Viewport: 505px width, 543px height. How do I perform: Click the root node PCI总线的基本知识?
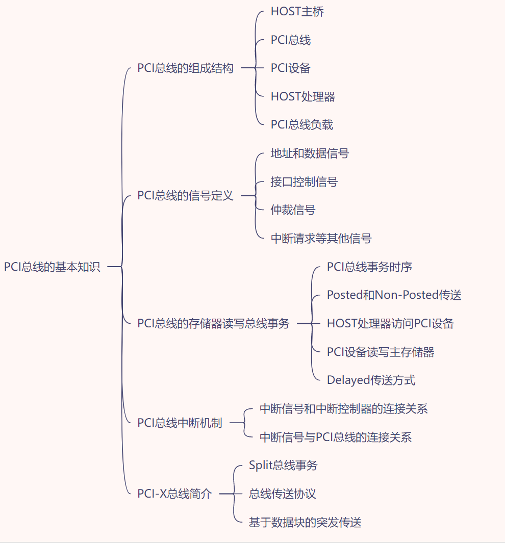click(x=52, y=267)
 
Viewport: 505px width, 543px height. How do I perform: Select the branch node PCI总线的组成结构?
click(x=185, y=68)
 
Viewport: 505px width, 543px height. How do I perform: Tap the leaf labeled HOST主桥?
click(x=297, y=12)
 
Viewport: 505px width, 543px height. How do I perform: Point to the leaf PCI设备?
click(x=290, y=68)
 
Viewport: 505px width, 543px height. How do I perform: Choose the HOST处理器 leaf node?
click(x=302, y=97)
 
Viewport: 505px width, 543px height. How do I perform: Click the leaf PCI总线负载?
click(x=301, y=125)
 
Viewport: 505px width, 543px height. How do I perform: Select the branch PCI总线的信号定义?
click(x=185, y=196)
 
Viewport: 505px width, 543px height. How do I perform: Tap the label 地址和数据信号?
click(x=310, y=153)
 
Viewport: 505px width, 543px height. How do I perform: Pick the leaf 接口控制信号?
click(x=304, y=182)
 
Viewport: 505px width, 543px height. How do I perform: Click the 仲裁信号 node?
click(x=293, y=210)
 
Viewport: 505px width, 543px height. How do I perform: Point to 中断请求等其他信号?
click(x=321, y=238)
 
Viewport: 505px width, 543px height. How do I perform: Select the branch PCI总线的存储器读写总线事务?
click(x=213, y=324)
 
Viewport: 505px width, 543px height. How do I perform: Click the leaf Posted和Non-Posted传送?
click(x=394, y=295)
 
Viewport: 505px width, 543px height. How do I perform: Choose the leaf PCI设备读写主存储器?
click(x=381, y=352)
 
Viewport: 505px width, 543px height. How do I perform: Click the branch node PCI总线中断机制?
click(x=180, y=423)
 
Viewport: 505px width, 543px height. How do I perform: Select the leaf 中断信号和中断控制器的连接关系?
click(x=343, y=409)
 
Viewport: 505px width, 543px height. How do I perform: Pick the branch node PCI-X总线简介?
click(x=174, y=494)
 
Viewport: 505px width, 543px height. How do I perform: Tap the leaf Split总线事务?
click(x=283, y=466)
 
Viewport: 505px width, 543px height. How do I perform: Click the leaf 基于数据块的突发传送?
click(x=305, y=523)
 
